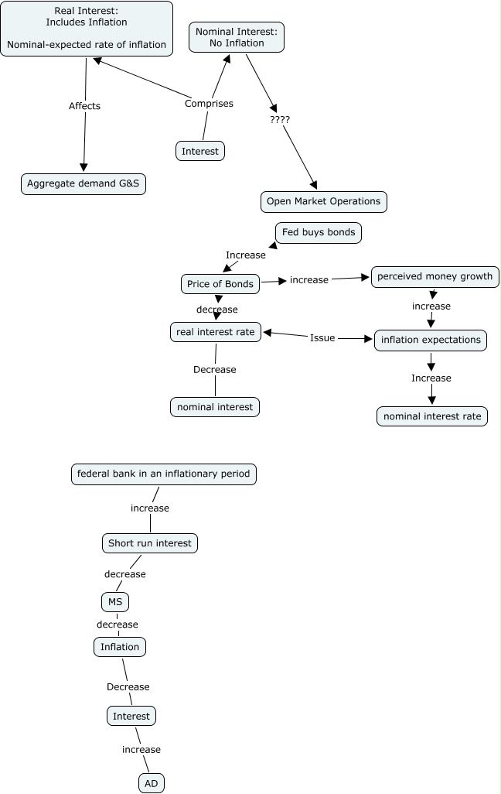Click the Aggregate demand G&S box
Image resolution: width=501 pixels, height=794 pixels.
83,184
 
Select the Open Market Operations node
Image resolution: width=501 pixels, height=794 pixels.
323,201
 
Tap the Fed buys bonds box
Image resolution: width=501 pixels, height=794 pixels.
319,232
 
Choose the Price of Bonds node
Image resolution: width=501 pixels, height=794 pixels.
220,284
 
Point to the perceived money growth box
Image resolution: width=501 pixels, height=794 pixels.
435,276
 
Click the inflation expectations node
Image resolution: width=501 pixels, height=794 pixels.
431,340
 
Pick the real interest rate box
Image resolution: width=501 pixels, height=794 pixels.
216,332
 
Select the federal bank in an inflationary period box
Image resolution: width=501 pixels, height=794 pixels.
163,474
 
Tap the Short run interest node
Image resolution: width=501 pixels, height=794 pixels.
150,543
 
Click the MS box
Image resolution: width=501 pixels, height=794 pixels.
115,602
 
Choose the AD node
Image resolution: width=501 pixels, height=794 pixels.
152,783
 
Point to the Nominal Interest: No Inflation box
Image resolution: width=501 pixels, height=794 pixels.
237,37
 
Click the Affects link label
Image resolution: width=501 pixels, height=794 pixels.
84,106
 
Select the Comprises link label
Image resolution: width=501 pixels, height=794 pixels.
209,103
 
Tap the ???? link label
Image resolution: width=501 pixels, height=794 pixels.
280,119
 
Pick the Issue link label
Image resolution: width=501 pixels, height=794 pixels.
322,337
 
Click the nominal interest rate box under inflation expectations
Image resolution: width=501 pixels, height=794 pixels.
432,416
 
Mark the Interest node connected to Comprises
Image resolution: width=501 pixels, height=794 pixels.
200,151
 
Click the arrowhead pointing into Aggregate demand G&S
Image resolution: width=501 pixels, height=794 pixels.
84,168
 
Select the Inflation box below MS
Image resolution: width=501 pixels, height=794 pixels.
119,647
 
